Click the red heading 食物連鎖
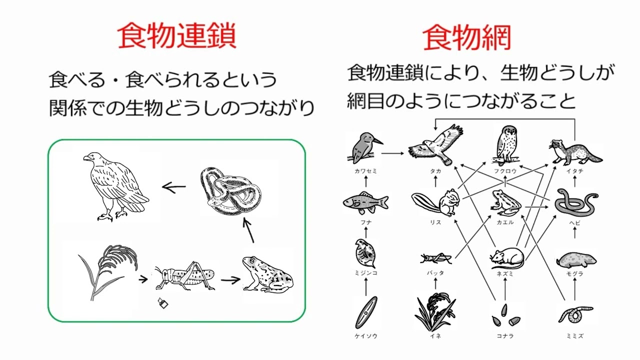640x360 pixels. pos(177,36)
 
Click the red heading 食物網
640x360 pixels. pos(467,38)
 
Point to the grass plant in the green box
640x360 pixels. pos(107,270)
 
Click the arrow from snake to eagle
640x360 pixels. pos(173,188)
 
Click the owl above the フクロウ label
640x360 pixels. pos(506,145)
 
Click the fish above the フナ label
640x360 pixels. pos(365,202)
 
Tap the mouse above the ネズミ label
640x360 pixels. pos(506,256)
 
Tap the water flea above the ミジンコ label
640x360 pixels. pos(365,253)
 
